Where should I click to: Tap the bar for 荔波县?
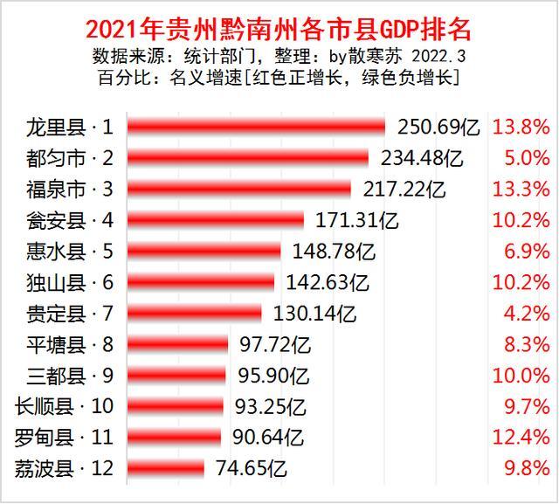(x=165, y=468)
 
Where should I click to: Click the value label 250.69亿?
(x=438, y=128)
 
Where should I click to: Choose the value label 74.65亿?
(x=252, y=468)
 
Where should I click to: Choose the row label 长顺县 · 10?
(x=66, y=406)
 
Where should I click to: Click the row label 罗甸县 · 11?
(x=66, y=437)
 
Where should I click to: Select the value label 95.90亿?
(x=274, y=376)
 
